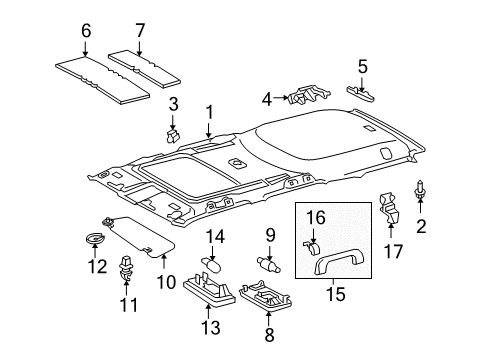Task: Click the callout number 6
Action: point(86,31)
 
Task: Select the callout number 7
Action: point(140,31)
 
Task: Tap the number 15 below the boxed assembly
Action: point(336,294)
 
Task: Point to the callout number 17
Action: point(393,251)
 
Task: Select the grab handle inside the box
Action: point(335,263)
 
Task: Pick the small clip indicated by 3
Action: point(172,136)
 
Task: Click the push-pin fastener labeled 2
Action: point(420,191)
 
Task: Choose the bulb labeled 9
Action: point(269,264)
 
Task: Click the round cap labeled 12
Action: point(95,239)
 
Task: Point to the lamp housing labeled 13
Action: point(209,288)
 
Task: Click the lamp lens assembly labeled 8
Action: point(266,295)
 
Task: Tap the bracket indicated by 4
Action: point(308,95)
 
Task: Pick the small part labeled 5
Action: point(360,93)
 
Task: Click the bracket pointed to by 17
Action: point(389,208)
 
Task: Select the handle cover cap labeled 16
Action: point(312,248)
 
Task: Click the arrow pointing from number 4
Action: point(280,98)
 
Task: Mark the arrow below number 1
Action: point(208,130)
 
